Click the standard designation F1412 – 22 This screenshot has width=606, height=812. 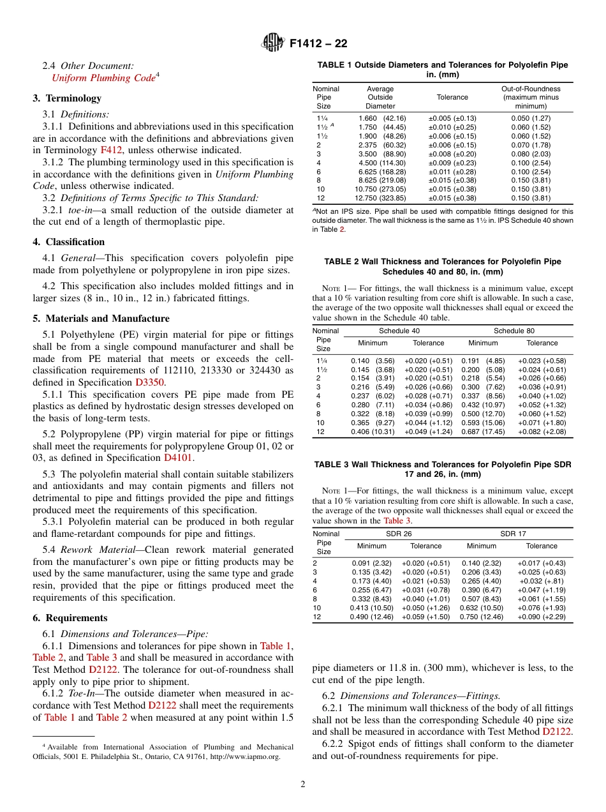(x=318, y=44)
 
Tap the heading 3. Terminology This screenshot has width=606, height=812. (x=67, y=98)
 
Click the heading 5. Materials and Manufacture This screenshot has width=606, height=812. (x=101, y=319)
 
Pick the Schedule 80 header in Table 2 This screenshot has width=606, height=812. (x=514, y=331)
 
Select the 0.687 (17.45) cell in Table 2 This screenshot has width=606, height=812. (x=482, y=432)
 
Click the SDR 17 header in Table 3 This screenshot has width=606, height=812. (x=513, y=534)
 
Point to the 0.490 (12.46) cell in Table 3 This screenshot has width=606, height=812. (x=371, y=617)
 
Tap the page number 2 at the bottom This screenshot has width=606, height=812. (x=303, y=784)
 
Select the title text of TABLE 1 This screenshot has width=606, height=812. (x=443, y=70)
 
